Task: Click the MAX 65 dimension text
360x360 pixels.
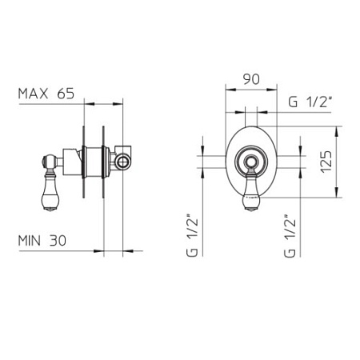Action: click(46, 94)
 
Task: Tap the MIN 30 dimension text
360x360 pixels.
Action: click(42, 241)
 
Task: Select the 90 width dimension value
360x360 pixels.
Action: click(251, 79)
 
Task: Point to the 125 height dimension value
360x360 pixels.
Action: click(327, 162)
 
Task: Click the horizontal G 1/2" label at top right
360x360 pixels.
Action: click(310, 102)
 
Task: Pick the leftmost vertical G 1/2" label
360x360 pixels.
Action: click(193, 235)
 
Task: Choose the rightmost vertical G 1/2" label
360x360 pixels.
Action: click(290, 235)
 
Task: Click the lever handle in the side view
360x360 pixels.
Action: click(50, 190)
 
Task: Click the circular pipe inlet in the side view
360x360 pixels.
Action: click(124, 162)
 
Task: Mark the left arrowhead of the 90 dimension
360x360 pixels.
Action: click(230, 90)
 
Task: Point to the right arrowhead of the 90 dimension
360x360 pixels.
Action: click(272, 90)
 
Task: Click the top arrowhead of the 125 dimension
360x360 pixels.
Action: click(337, 131)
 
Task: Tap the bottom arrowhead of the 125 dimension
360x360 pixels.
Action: click(337, 193)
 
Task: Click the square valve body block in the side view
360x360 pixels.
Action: click(72, 162)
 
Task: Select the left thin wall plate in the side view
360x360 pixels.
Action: click(84, 162)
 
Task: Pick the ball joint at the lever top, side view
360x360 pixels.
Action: click(50, 162)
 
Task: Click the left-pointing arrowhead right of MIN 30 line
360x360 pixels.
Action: click(128, 250)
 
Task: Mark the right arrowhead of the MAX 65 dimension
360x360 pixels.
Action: click(118, 104)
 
